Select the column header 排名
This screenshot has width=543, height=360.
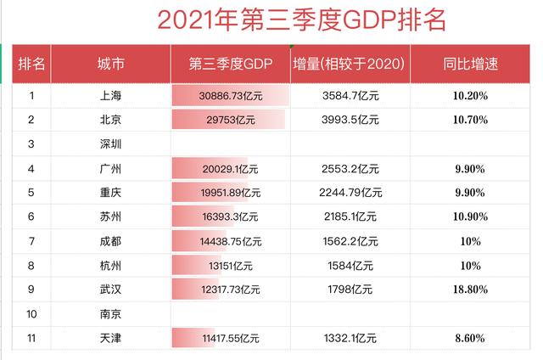[31, 63]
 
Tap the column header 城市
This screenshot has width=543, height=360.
[111, 63]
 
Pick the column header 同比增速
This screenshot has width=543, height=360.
[470, 63]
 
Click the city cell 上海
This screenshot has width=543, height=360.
[111, 96]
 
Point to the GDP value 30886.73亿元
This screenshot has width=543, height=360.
[230, 96]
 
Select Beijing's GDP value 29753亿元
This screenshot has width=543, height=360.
[230, 120]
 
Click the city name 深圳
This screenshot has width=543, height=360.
[111, 144]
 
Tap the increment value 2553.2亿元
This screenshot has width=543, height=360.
[350, 169]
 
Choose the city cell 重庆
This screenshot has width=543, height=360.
[111, 193]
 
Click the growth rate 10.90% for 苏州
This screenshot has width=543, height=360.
[470, 217]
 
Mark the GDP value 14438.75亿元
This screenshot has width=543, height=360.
[230, 242]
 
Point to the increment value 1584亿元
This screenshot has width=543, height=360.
[350, 266]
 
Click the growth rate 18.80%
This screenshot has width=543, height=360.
[470, 290]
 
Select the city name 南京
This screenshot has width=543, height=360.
[111, 314]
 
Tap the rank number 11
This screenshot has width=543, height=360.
[31, 339]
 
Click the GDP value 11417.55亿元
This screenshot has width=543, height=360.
[230, 339]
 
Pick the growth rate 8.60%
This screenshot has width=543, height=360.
[470, 339]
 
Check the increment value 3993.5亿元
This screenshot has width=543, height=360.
[350, 120]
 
